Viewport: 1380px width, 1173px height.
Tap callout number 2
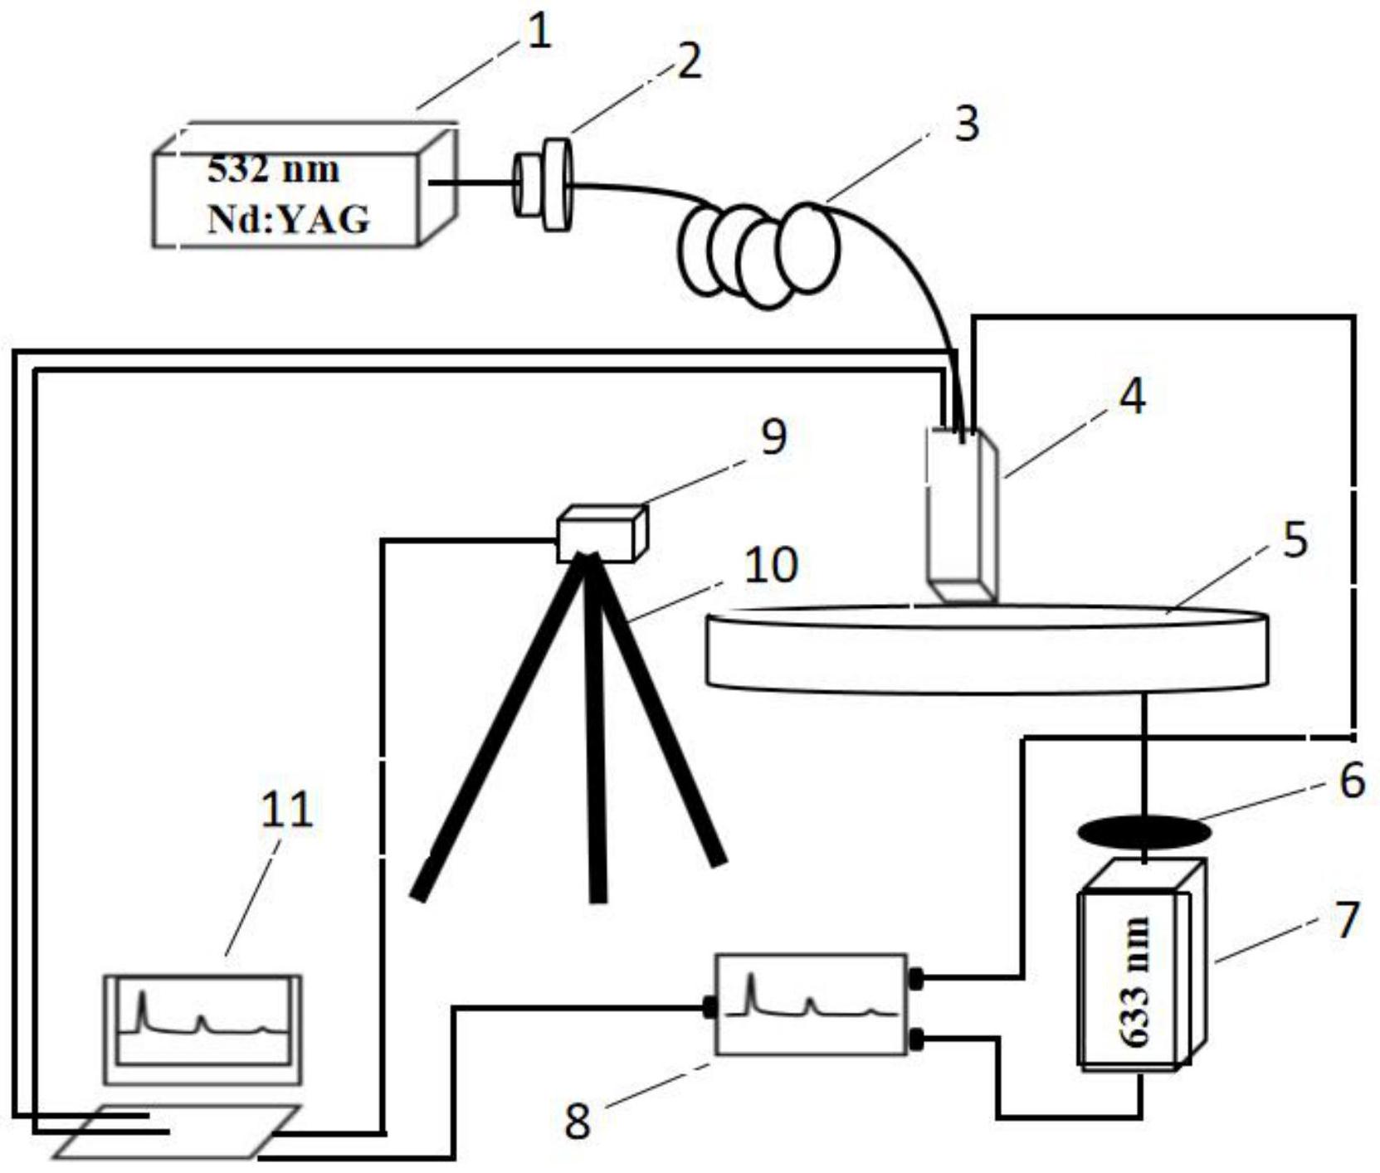[689, 61]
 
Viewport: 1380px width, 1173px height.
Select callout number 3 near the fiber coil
[966, 124]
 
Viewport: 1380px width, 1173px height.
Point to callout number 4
[1132, 396]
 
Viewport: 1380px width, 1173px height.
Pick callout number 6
[1352, 780]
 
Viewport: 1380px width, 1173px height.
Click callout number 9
[773, 437]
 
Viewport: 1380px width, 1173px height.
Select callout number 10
[771, 566]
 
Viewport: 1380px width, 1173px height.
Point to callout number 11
[286, 810]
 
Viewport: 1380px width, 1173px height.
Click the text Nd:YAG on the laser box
[288, 221]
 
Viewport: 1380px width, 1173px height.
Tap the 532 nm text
[273, 170]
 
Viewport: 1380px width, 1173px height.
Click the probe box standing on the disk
[962, 514]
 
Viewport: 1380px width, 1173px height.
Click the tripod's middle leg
[594, 730]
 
